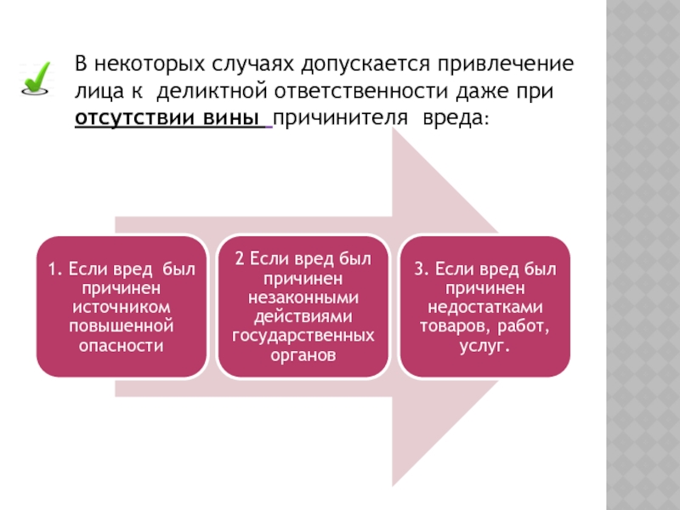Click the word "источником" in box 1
coord(121,308)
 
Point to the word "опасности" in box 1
coord(121,346)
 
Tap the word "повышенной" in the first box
coord(121,326)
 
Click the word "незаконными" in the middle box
coord(303,297)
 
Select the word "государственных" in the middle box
coord(303,336)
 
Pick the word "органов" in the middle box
coord(303,355)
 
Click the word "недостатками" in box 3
coord(485,308)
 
